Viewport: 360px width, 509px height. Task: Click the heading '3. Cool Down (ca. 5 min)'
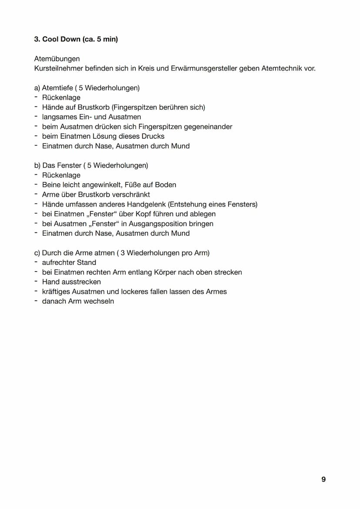76,39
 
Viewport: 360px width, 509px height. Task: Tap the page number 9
323,479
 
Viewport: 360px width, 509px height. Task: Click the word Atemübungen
57,59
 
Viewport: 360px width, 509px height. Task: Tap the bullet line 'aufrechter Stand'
69,263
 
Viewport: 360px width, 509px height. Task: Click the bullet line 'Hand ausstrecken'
71,282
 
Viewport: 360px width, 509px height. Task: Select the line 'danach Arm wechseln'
77,301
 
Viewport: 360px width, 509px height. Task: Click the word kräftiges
58,292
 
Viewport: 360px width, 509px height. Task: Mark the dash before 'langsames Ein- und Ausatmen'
36,116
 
